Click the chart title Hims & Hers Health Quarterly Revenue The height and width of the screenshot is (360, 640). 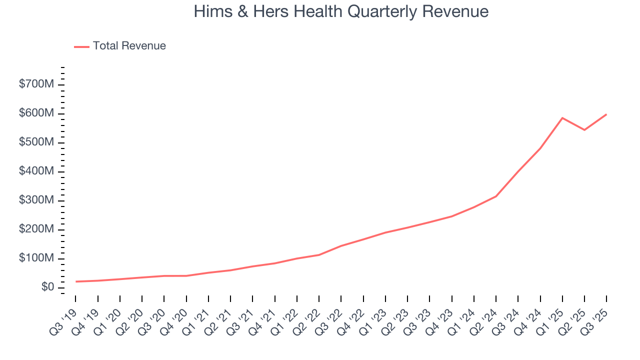coord(341,11)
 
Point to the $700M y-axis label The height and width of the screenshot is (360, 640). coord(36,84)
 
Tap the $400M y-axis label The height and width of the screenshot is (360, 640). coord(36,171)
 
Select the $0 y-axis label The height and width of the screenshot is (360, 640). coord(48,287)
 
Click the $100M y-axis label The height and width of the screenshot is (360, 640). coord(36,258)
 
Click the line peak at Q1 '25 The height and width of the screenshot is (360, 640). coord(562,118)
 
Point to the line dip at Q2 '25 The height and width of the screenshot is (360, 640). coord(584,130)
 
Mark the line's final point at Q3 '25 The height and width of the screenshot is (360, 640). coord(606,114)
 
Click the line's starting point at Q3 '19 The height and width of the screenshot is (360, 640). coord(76,281)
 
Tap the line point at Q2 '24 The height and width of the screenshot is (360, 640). coord(496,196)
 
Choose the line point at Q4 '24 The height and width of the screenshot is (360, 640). coord(540,148)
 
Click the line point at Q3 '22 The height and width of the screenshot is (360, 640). coord(341,246)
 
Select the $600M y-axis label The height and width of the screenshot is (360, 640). coord(36,113)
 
